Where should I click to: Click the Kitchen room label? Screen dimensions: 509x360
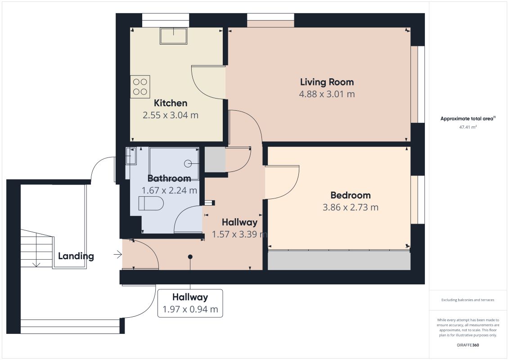[171, 103]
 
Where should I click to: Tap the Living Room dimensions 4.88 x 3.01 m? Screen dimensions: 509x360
[327, 94]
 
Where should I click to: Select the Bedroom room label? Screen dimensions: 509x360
[351, 195]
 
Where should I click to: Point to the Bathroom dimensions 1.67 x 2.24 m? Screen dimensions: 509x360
[170, 190]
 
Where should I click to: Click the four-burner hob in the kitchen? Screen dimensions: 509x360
[140, 87]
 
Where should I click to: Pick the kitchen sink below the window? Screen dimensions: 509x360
[173, 36]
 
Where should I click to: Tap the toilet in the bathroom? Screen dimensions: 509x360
[151, 203]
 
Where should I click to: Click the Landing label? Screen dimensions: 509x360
[76, 256]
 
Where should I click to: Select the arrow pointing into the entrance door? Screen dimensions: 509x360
[117, 255]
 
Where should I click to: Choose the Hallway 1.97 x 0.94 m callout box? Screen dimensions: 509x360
[190, 303]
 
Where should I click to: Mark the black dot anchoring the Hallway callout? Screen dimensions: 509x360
[190, 257]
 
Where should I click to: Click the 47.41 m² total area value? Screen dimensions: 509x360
[468, 127]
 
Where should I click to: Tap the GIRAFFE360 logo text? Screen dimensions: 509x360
[468, 345]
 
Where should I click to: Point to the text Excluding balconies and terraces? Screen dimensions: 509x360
[468, 300]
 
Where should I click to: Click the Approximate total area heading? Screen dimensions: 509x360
[468, 118]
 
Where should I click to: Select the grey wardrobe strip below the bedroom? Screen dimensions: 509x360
[339, 260]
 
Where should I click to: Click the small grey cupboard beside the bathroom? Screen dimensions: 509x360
[215, 160]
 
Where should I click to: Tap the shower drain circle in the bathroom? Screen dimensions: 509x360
[188, 164]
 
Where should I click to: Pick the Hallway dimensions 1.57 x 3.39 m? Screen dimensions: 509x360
[239, 234]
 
